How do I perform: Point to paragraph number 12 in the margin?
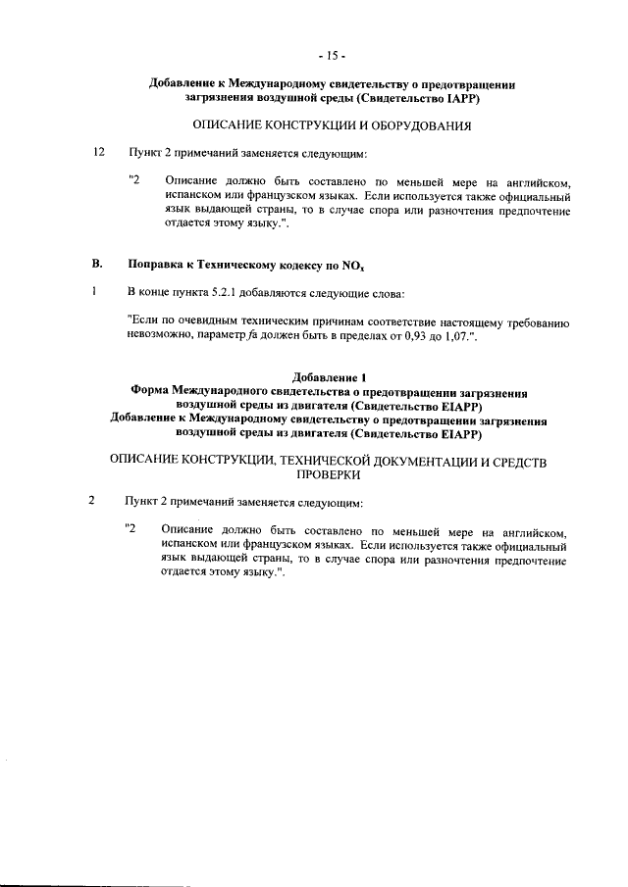pos(96,154)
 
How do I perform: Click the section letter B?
pos(96,265)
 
